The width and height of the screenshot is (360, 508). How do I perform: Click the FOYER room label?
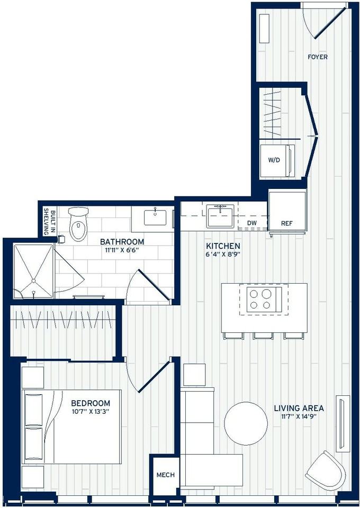click(318, 57)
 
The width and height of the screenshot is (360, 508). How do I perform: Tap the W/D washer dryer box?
click(274, 159)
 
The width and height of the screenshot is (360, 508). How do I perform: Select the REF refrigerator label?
click(287, 223)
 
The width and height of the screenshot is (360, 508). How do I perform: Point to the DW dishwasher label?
click(252, 223)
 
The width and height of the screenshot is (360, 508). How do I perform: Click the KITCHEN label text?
click(223, 246)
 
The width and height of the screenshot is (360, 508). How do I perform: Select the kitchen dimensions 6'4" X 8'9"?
click(223, 255)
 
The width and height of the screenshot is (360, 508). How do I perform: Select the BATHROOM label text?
click(122, 242)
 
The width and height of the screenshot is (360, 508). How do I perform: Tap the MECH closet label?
click(165, 475)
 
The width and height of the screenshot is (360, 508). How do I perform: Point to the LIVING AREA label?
click(299, 408)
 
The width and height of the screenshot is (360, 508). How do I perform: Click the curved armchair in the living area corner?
click(325, 471)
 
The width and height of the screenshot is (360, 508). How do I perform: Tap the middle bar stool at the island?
click(262, 335)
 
